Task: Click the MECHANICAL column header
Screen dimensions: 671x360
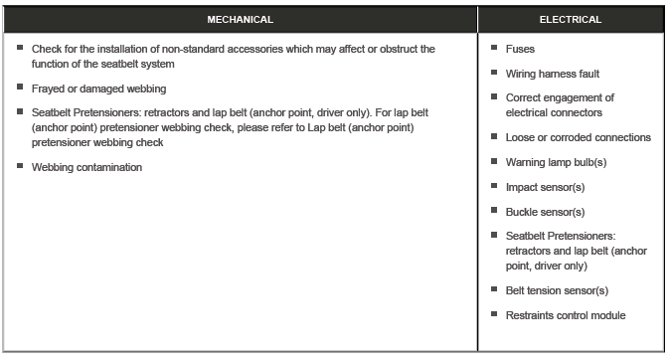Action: point(240,19)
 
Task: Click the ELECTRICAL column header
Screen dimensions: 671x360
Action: point(571,19)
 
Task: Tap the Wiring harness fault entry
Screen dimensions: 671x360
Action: point(552,74)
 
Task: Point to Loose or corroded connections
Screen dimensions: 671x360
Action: point(578,137)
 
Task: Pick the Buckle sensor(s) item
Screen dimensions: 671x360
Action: point(544,212)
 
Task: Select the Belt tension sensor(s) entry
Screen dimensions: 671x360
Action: point(556,290)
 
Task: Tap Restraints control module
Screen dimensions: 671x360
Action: point(565,315)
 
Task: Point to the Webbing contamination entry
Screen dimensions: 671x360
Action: point(86,167)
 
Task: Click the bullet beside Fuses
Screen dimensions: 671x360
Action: point(494,47)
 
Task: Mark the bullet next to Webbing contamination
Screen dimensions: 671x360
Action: point(20,166)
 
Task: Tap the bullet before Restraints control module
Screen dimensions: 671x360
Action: point(494,314)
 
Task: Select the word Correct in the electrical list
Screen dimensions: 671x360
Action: point(524,97)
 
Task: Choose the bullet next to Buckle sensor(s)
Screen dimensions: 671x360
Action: point(494,211)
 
